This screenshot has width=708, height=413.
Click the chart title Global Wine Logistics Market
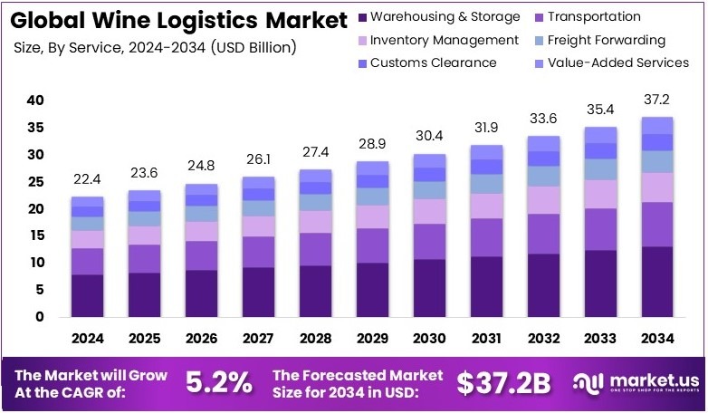point(179,20)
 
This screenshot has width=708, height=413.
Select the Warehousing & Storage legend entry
point(445,17)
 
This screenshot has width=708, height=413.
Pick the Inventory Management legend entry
point(444,40)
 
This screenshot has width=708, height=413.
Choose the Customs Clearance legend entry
point(433,62)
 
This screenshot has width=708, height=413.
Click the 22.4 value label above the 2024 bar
point(88,180)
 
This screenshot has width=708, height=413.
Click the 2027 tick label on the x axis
point(259,338)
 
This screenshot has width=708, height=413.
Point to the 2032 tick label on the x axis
point(543,338)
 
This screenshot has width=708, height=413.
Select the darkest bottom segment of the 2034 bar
point(657,281)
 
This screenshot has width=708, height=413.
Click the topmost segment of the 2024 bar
point(88,201)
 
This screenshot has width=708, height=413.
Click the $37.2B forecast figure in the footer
point(503,383)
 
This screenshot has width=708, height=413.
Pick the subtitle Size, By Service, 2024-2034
point(154,46)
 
